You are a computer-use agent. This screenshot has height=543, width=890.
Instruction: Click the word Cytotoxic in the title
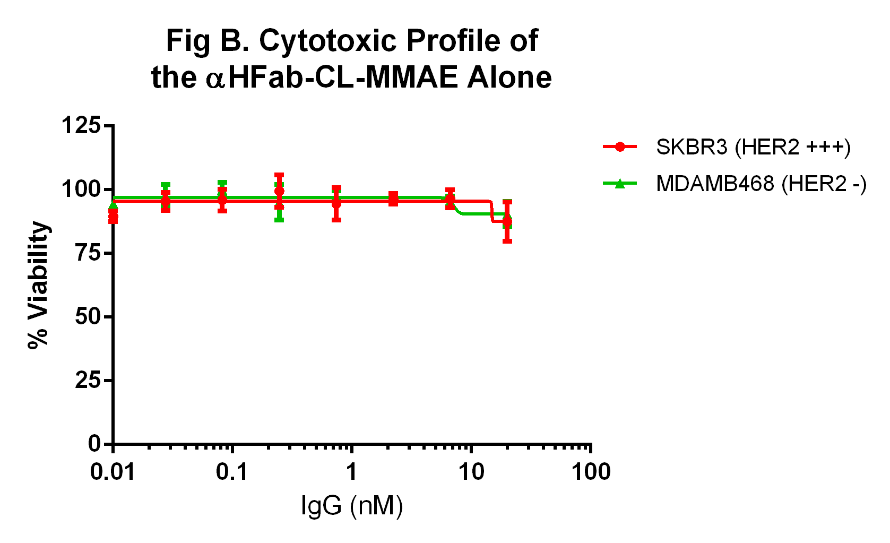click(329, 41)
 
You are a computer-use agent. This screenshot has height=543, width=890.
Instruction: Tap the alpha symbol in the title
click(215, 79)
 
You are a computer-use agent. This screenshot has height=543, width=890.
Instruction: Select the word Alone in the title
click(509, 77)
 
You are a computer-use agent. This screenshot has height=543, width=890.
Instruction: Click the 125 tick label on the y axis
click(81, 126)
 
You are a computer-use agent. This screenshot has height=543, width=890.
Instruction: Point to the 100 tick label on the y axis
click(81, 189)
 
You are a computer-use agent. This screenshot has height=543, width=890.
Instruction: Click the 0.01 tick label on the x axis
click(113, 472)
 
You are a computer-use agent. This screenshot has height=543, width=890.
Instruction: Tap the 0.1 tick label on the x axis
click(232, 472)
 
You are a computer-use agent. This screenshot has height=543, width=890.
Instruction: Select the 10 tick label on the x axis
click(471, 472)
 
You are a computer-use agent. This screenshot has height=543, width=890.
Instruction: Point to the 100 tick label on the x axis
click(591, 472)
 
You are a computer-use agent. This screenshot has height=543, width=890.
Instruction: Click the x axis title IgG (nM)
click(352, 506)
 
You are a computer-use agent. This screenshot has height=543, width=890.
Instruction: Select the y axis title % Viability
click(38, 285)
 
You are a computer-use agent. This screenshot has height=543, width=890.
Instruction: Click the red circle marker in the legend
click(619, 147)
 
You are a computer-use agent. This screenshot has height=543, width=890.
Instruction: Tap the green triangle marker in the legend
click(619, 184)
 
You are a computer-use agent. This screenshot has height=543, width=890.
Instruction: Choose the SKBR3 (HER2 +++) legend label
click(753, 147)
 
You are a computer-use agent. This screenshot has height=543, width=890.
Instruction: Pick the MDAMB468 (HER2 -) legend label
click(761, 184)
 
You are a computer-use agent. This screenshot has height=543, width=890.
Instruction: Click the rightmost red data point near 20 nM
click(507, 221)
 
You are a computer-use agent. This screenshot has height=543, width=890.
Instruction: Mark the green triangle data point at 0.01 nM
click(113, 205)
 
